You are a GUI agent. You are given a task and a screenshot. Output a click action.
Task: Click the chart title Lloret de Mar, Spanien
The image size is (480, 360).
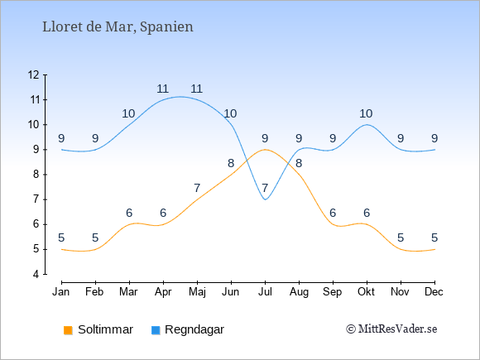pos(118,27)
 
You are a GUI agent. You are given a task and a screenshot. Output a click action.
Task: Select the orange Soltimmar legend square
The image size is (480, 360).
pos(68,330)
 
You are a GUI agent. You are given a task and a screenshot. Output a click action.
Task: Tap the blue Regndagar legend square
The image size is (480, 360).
pos(156,330)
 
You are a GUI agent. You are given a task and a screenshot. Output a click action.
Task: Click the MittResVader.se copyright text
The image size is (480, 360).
pos(391,329)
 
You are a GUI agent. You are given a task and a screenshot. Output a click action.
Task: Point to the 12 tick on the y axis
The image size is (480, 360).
pos(46,74)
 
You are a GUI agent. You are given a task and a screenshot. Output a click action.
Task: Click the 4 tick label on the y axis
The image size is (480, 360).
pos(36,274)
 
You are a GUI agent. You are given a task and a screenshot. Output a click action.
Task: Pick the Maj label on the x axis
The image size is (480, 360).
pos(197,292)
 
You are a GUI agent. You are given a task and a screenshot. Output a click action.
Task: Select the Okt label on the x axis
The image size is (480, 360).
pos(366,292)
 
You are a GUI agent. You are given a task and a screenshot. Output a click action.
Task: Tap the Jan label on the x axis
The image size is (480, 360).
pos(61,292)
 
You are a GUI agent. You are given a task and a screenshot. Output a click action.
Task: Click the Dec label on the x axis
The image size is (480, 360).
pos(434,292)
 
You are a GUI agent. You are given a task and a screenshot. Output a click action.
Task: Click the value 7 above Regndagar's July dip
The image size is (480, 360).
pos(265,188)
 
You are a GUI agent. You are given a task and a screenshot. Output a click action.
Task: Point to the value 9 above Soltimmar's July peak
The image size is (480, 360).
pos(265,139)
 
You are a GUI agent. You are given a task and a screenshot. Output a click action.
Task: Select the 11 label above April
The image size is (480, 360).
pos(163,89)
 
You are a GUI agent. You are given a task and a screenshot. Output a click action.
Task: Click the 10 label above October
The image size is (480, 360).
pos(366,114)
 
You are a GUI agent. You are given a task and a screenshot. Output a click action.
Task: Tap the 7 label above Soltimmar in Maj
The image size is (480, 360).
pos(197,188)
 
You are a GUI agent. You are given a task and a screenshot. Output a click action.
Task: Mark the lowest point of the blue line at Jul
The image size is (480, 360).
pos(265,199)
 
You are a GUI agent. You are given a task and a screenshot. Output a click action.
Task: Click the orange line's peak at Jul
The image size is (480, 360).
pos(265,150)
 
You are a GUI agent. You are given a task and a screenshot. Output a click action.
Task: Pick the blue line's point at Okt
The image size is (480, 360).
pos(367,125)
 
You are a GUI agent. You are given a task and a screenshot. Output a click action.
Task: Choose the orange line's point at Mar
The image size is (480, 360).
pos(129,224)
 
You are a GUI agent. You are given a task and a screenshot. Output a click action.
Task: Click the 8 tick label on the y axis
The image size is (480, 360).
pos(36,175)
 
